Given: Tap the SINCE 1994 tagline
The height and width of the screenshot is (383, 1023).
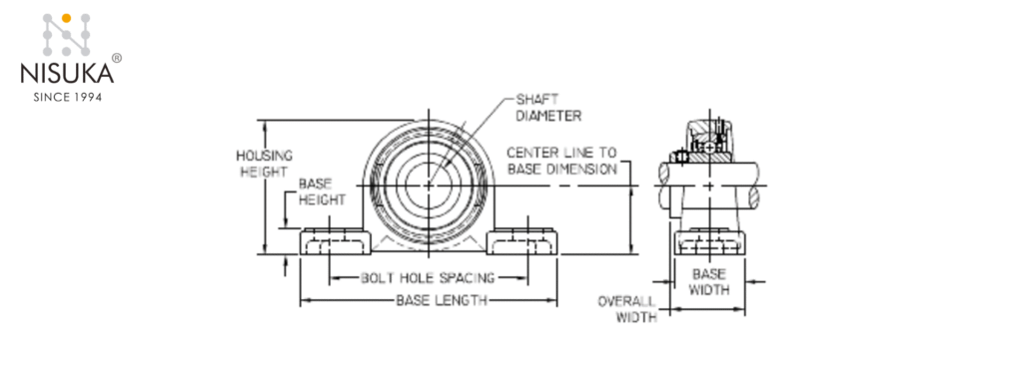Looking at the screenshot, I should [x=67, y=97].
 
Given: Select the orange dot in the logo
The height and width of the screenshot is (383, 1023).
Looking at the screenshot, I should [x=67, y=18].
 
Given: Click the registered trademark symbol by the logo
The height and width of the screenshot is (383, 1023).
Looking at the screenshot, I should [x=117, y=59].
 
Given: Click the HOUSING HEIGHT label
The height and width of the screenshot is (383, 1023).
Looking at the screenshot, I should [x=264, y=164].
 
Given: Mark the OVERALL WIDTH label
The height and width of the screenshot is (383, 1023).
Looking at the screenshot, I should [x=628, y=309].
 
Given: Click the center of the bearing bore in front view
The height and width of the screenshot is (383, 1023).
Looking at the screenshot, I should [x=430, y=185].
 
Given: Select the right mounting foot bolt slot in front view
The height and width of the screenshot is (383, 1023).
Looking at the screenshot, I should [x=522, y=242].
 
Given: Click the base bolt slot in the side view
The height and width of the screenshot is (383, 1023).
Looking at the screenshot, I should [x=709, y=242].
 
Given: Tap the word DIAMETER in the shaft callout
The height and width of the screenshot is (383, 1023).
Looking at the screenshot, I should [x=548, y=115].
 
